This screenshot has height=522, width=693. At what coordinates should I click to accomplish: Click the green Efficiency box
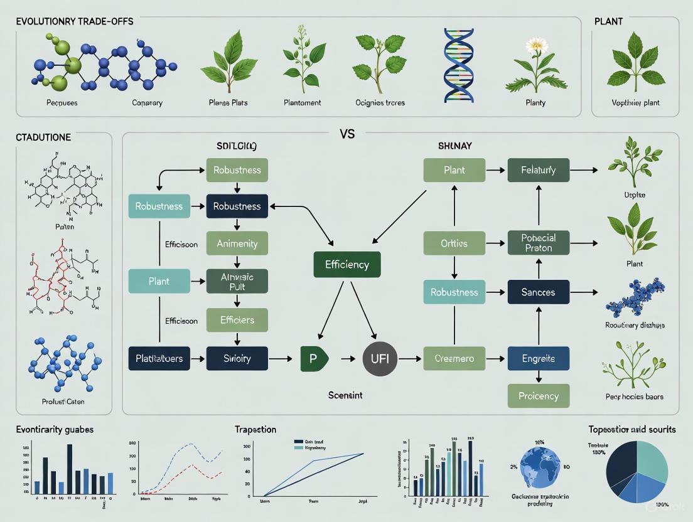coord(346,265)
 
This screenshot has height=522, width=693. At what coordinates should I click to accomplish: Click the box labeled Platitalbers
coord(159,359)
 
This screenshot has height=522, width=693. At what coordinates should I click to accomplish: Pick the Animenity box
coord(237,243)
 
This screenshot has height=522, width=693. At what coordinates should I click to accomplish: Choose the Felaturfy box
coord(538,170)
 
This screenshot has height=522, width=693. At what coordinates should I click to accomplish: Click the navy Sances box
coord(538,292)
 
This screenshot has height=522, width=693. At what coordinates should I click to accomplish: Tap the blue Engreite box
coord(538,359)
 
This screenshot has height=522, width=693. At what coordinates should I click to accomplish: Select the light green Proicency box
coord(538,396)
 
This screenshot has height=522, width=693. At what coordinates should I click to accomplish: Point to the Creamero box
coord(454,359)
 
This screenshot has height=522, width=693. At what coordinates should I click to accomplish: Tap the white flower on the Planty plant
coord(537,45)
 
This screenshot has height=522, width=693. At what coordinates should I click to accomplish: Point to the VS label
coord(347,134)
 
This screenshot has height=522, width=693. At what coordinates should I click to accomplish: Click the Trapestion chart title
coord(255,430)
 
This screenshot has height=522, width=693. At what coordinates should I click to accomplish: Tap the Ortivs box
coord(454,243)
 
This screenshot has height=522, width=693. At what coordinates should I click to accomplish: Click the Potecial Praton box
coord(538,243)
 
